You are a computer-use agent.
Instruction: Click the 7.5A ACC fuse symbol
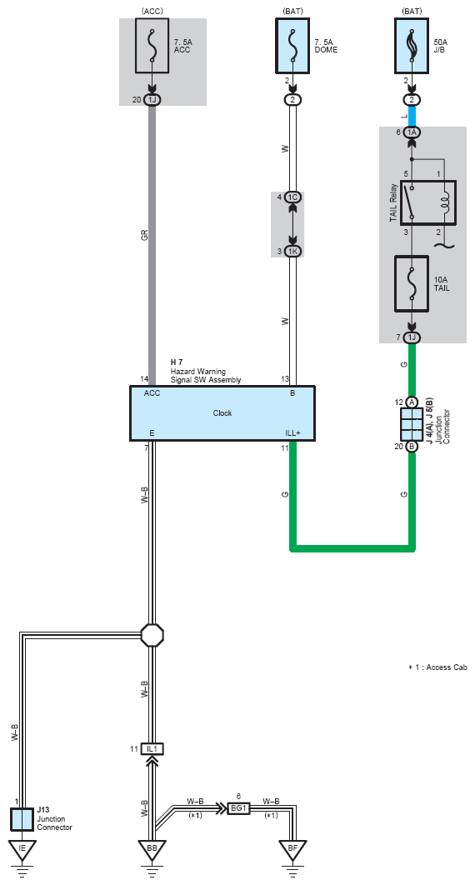pyautogui.click(x=152, y=46)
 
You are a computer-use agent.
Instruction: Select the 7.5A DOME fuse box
pyautogui.click(x=292, y=46)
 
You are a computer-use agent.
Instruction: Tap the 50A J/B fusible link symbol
pyautogui.click(x=412, y=46)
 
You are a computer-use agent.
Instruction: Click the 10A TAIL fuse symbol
pyautogui.click(x=412, y=284)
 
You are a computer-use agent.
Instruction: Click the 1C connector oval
pyautogui.click(x=292, y=197)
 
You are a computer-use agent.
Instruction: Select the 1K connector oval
pyautogui.click(x=292, y=251)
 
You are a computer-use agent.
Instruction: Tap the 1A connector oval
pyautogui.click(x=412, y=132)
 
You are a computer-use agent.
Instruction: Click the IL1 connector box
pyautogui.click(x=152, y=749)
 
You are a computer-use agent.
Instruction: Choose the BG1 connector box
pyautogui.click(x=238, y=808)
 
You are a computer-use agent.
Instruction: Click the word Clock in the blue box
pyautogui.click(x=222, y=413)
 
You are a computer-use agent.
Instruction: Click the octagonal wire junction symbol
pyautogui.click(x=152, y=635)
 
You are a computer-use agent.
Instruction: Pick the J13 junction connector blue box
pyautogui.click(x=22, y=819)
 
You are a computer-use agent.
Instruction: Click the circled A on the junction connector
pyautogui.click(x=412, y=402)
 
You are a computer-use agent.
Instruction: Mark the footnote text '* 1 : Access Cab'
pyautogui.click(x=437, y=667)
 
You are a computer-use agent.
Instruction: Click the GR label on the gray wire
pyautogui.click(x=144, y=235)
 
